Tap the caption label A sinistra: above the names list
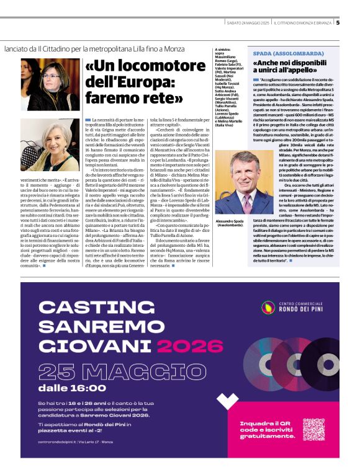pos(222,49)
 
